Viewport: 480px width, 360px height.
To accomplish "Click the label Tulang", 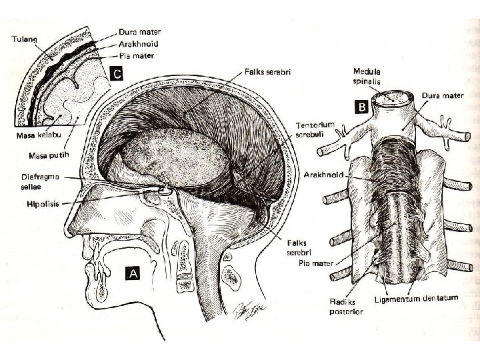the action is (23, 39).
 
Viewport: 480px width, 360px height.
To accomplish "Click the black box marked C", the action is (115, 73).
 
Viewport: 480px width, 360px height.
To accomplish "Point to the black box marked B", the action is (362, 106).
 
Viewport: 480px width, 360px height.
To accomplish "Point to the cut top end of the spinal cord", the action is (393, 101).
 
